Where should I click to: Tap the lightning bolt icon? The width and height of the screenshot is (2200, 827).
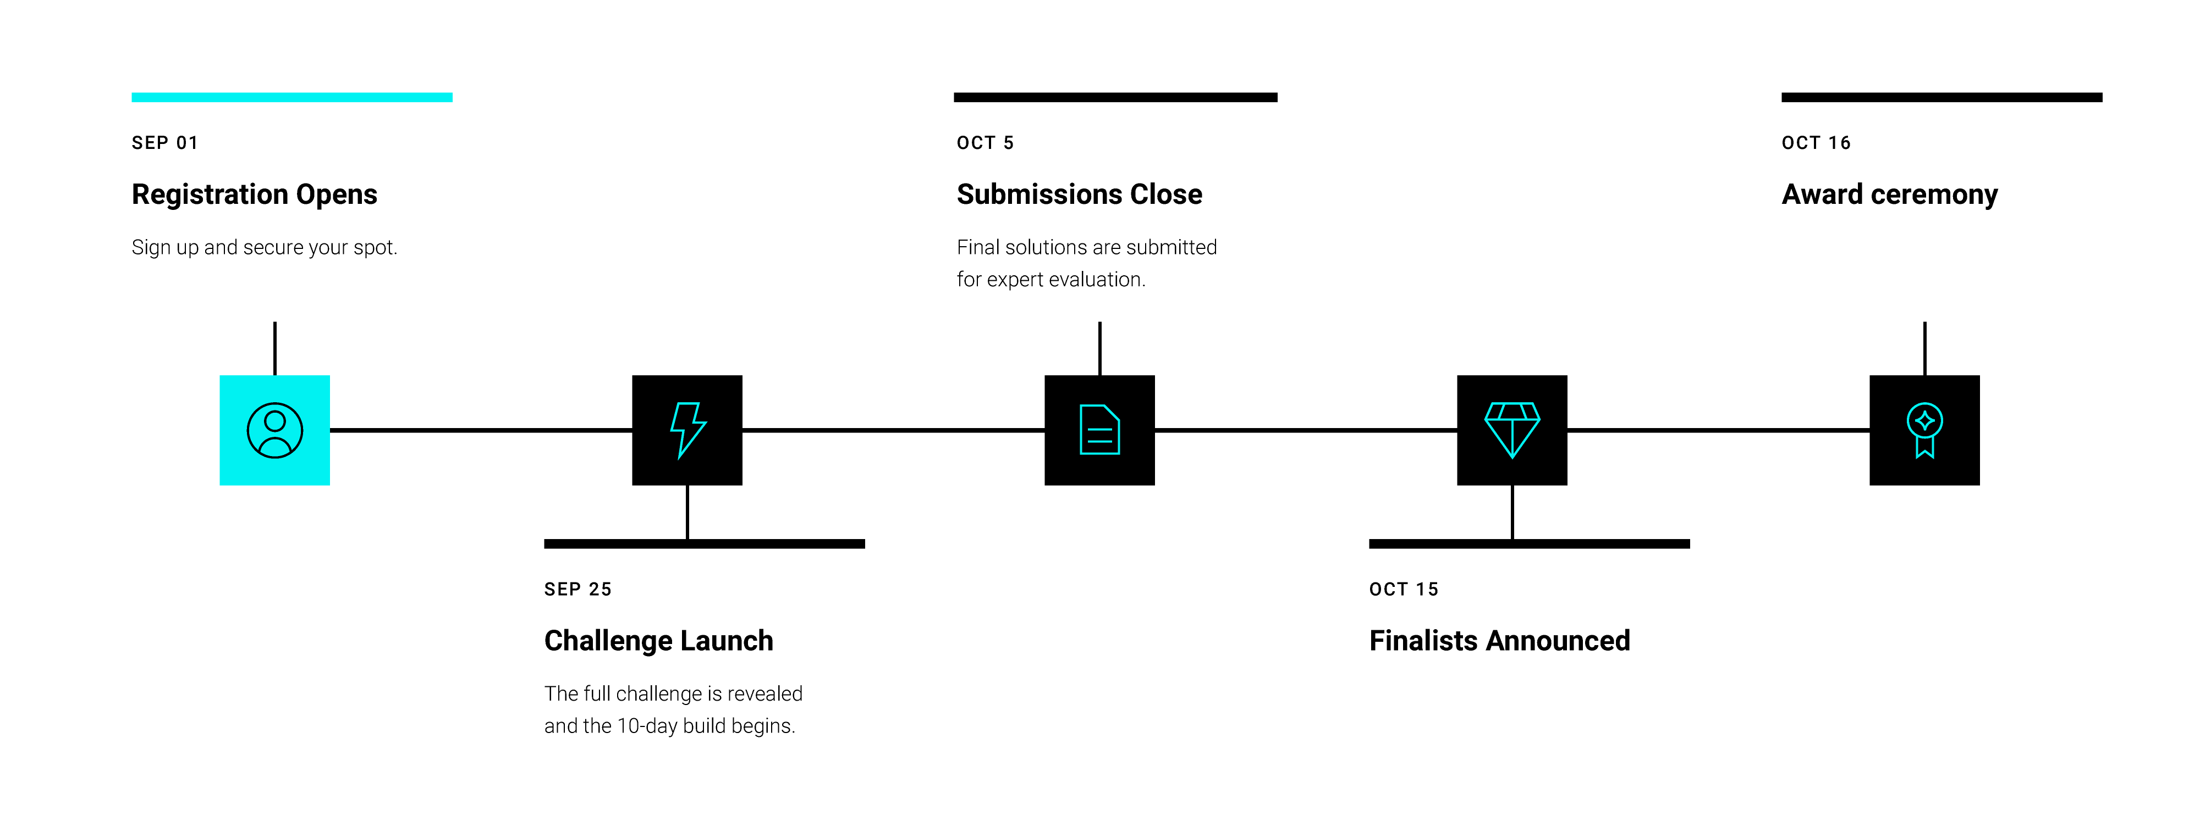click(687, 430)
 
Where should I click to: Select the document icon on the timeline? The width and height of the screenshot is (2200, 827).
click(1100, 430)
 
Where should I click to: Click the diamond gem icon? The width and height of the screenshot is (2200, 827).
click(1513, 430)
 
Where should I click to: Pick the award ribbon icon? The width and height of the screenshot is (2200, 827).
click(1925, 430)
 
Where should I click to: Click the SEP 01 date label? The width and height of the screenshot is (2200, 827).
click(165, 142)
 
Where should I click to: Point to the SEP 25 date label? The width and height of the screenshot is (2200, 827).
click(578, 589)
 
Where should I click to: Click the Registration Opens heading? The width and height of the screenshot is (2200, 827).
click(255, 195)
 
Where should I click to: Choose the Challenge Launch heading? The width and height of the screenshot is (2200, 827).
click(658, 640)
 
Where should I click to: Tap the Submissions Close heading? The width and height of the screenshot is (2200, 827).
click(1080, 195)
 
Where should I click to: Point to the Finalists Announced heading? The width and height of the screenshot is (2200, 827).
click(1500, 640)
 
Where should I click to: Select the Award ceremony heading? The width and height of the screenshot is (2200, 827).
click(1890, 195)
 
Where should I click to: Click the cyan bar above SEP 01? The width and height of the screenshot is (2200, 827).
click(292, 97)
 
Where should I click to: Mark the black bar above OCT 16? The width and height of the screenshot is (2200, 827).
click(1942, 97)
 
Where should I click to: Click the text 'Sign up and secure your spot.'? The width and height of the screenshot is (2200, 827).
click(265, 247)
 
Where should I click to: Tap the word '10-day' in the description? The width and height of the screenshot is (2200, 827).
click(647, 726)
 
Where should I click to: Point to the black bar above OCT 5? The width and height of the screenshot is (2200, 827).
click(1115, 97)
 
